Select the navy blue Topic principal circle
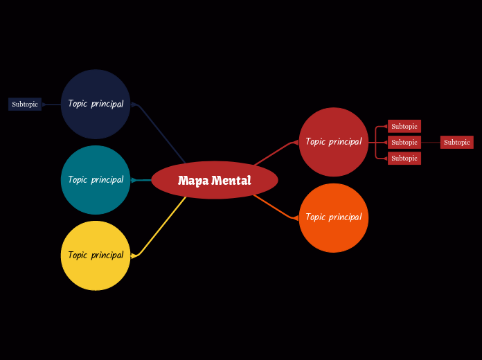pos(96,104)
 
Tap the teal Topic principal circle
pos(96,180)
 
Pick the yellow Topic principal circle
pos(96,255)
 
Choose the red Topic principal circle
pos(334,142)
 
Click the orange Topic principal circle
pos(334,217)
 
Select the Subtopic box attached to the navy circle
pos(25,105)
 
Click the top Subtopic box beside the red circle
pos(404,127)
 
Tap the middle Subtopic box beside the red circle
pos(404,143)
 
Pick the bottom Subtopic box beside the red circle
pos(404,159)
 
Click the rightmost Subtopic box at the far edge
pos(457,143)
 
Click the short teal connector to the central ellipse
pos(141,180)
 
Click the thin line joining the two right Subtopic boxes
pos(431,143)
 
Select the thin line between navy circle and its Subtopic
pos(52,105)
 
